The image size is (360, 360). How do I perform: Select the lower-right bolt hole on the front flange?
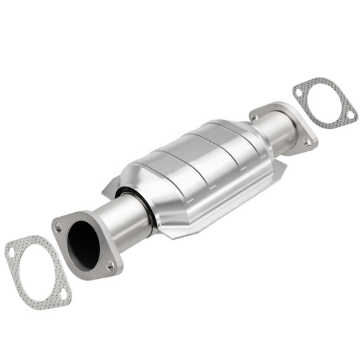pos(110,265)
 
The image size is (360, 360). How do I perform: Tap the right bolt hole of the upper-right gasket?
pos(350,115)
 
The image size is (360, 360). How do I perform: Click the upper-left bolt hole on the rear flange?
pos(255,117)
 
